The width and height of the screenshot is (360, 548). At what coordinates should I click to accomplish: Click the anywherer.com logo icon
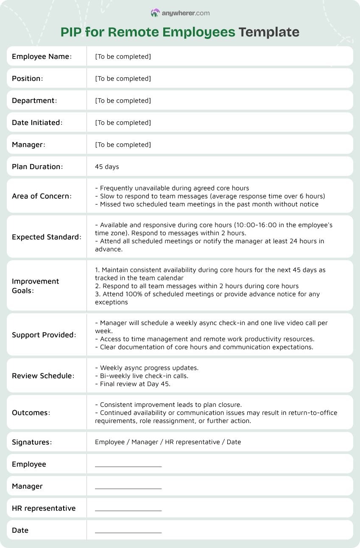click(x=155, y=13)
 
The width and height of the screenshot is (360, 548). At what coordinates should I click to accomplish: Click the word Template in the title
click(x=269, y=32)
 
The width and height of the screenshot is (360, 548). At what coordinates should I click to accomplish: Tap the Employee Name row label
click(x=42, y=56)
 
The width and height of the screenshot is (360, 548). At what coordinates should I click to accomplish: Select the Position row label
click(x=28, y=78)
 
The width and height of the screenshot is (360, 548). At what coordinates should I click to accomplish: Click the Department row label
click(x=34, y=100)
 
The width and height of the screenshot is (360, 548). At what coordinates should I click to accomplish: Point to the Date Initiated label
click(x=37, y=122)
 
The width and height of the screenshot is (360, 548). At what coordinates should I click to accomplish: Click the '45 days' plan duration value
click(x=107, y=167)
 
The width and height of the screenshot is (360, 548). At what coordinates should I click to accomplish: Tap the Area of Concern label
click(x=42, y=196)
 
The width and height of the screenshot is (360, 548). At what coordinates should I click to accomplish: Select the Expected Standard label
click(x=46, y=236)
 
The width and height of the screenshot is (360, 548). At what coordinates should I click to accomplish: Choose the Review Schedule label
click(x=43, y=376)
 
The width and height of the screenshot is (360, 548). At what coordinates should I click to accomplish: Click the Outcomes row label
click(x=31, y=412)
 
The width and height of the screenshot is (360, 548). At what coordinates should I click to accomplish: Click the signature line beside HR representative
click(x=128, y=510)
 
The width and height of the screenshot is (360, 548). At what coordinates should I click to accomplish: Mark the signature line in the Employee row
click(x=128, y=466)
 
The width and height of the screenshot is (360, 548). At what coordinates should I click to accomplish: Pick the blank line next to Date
click(x=128, y=532)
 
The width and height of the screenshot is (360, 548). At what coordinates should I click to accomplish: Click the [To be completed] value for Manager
click(x=123, y=145)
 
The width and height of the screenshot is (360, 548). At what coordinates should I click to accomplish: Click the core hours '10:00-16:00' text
click(x=226, y=225)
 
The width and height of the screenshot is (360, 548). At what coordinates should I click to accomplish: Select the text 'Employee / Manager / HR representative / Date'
click(x=168, y=442)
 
